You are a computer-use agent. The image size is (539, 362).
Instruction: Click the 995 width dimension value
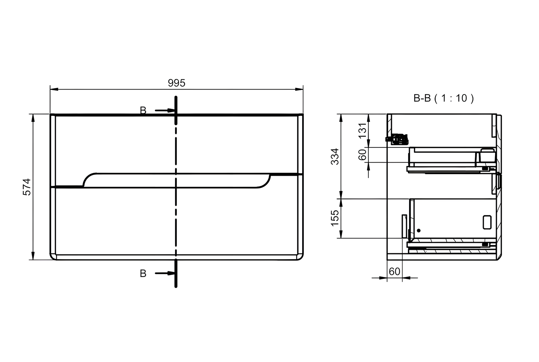[177, 83]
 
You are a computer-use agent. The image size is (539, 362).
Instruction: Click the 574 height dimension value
[27, 187]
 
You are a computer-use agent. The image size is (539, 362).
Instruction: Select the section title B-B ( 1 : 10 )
[443, 98]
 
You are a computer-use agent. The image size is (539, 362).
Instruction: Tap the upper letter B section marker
[143, 110]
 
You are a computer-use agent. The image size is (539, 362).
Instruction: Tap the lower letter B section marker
[143, 274]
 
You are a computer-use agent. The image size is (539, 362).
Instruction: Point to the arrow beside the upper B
[165, 110]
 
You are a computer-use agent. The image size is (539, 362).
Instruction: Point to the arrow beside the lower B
[165, 273]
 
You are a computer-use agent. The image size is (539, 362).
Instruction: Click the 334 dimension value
[335, 156]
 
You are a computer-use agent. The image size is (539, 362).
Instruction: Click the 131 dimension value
[362, 131]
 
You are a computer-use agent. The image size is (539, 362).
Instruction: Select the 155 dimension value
[335, 218]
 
